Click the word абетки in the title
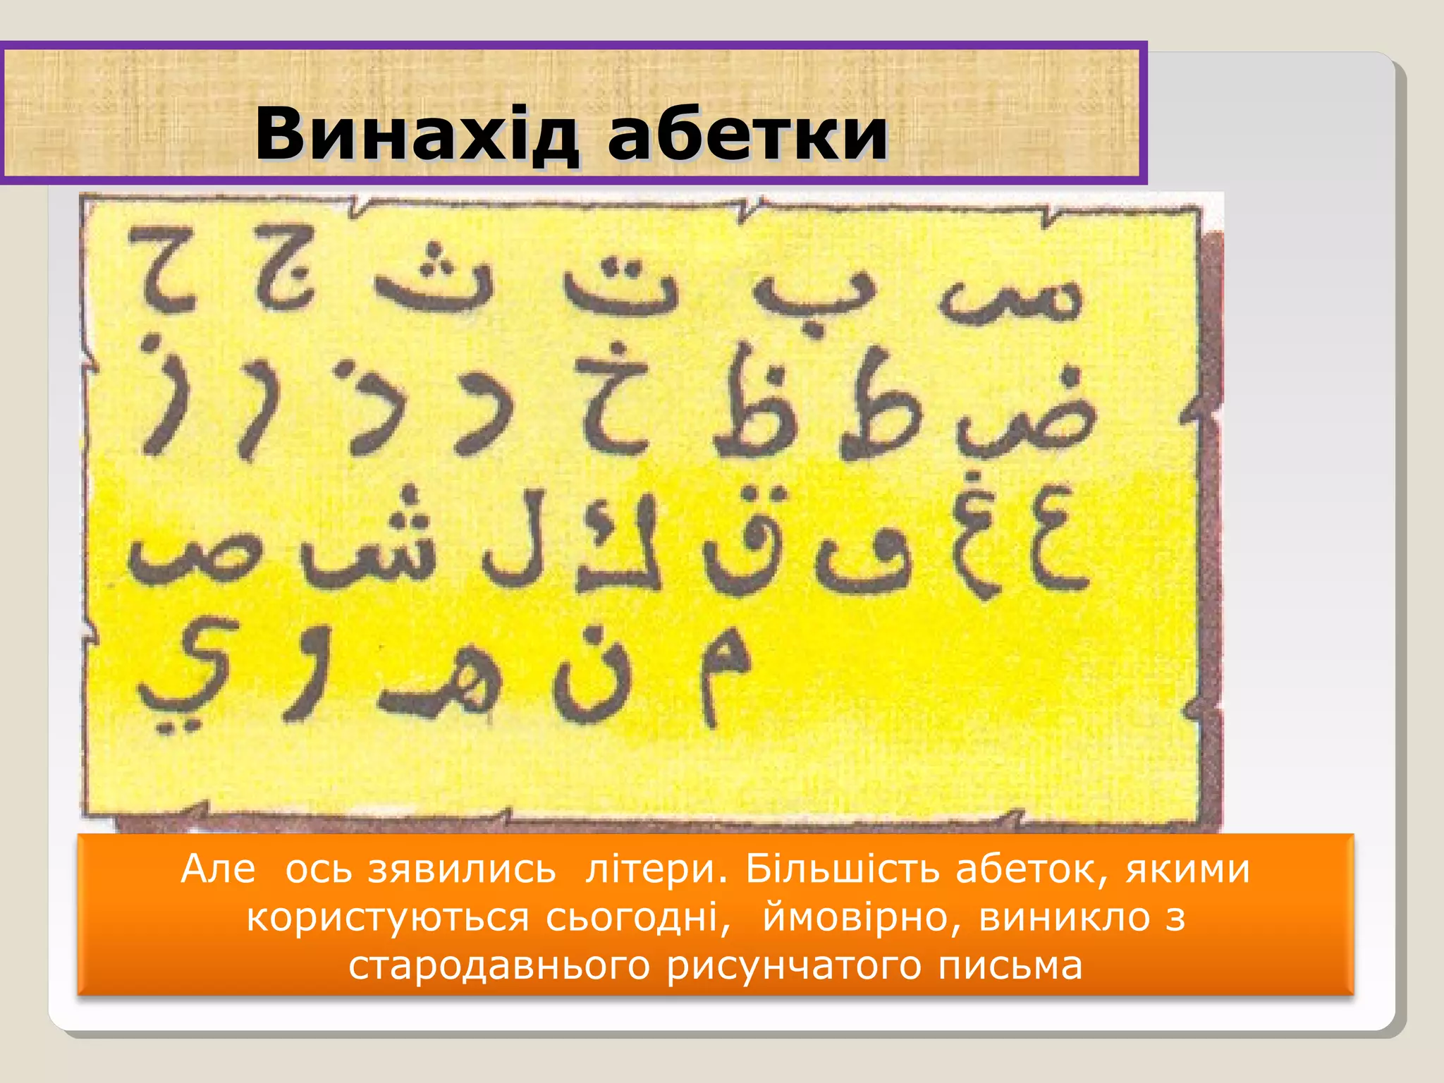pos(747,134)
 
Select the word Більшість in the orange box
pos(843,869)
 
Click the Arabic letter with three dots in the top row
pos(434,279)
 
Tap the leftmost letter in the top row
pos(164,271)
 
